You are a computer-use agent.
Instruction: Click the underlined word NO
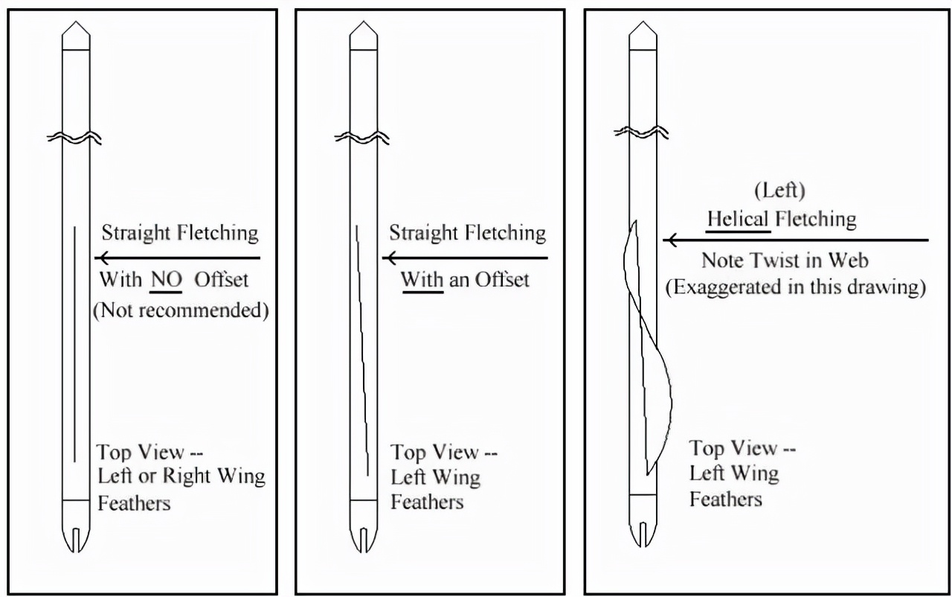(166, 280)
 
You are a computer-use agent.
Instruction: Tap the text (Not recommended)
(181, 310)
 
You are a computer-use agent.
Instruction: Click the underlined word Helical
(738, 219)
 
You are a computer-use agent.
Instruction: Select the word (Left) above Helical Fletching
(780, 191)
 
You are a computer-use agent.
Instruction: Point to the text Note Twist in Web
(785, 261)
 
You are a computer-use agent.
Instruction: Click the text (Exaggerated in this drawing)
(796, 287)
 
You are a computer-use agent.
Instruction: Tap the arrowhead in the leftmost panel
(101, 258)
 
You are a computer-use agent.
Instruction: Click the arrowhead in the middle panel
(389, 258)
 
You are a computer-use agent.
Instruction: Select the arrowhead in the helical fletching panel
(669, 240)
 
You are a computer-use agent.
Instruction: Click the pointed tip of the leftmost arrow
(76, 22)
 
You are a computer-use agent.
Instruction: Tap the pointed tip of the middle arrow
(364, 22)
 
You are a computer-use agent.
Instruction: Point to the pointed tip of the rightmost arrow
(643, 22)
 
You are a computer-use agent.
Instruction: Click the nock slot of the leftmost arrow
(76, 540)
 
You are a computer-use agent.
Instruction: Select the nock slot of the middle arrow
(364, 540)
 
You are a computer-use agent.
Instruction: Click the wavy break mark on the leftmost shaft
(74, 138)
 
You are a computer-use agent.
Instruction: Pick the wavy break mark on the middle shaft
(362, 138)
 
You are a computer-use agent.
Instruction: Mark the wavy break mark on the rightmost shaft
(641, 133)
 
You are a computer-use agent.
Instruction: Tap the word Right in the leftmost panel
(187, 476)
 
